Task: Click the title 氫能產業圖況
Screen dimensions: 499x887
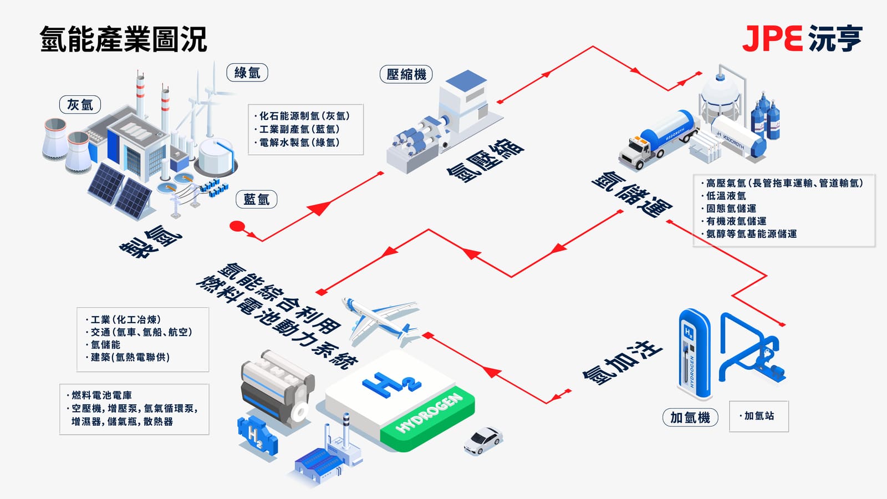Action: click(123, 39)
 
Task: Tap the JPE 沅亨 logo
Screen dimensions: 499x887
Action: click(802, 38)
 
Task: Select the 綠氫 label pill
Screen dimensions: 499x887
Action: click(247, 73)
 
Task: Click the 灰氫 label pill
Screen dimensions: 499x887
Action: click(80, 104)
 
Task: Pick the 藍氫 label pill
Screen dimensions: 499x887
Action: click(256, 200)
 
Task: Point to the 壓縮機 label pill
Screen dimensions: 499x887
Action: click(406, 74)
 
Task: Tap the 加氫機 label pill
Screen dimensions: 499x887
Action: click(690, 417)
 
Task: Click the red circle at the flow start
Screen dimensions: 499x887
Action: click(237, 226)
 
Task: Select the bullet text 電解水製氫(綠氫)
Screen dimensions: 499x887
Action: click(299, 142)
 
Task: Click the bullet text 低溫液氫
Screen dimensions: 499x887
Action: click(726, 196)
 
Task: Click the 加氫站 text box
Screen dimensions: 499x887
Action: click(758, 416)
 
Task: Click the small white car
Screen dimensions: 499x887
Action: click(482, 440)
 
